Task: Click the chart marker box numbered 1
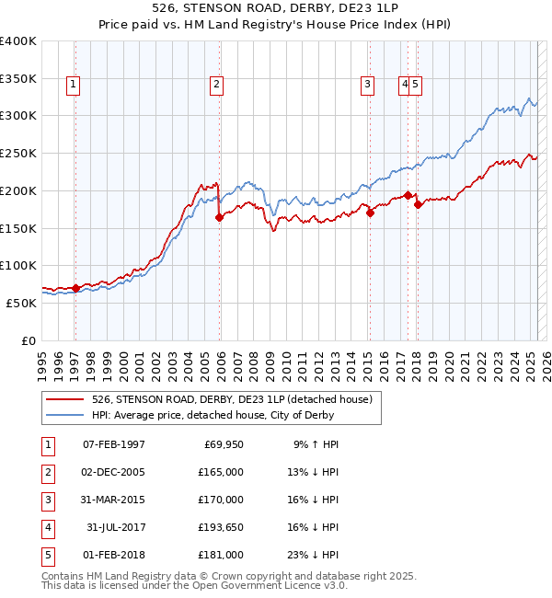(73, 86)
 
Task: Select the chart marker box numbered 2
(216, 86)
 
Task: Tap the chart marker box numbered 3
(367, 86)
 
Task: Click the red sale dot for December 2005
(219, 218)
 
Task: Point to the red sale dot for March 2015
(370, 213)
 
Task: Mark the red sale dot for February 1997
(75, 288)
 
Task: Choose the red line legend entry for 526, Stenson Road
(231, 399)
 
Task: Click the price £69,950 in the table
(221, 444)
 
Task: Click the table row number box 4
(47, 527)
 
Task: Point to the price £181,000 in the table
(221, 555)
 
